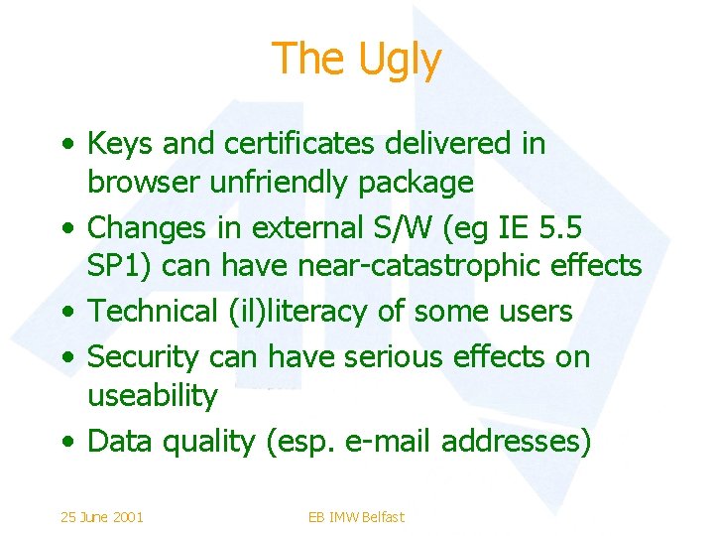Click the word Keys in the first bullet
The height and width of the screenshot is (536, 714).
click(120, 144)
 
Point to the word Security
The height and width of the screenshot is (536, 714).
click(145, 355)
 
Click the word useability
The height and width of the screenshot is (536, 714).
click(152, 395)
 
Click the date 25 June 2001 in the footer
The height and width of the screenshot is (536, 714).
click(102, 516)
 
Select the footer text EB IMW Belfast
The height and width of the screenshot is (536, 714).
click(356, 516)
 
